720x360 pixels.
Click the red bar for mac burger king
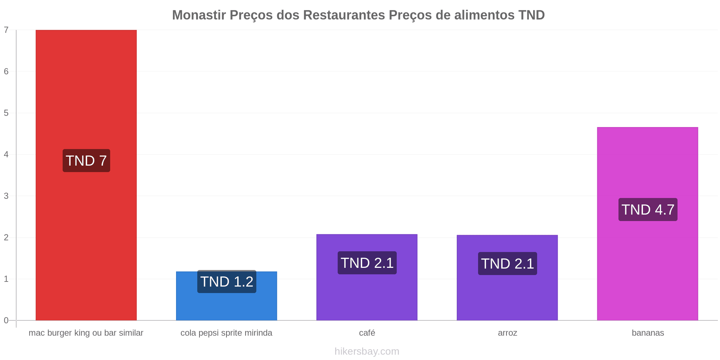tap(86, 175)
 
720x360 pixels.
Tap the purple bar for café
tap(367, 277)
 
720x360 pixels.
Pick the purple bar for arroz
tap(507, 278)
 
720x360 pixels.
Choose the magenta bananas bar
tap(648, 224)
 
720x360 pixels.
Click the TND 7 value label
tap(86, 161)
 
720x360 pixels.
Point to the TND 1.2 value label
tap(227, 282)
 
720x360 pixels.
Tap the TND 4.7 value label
tap(648, 210)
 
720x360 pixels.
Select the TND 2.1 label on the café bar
tap(367, 263)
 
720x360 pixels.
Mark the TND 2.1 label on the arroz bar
tap(508, 264)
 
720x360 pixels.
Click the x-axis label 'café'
tap(367, 333)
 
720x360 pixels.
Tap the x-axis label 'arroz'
tap(508, 333)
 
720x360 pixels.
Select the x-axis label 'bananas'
tap(648, 333)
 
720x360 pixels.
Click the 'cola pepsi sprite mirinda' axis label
tap(226, 333)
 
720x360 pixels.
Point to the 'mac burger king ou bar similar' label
tap(86, 333)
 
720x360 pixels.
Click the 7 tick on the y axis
tap(6, 30)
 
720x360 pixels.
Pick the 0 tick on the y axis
tap(6, 320)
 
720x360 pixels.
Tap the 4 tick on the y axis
tap(6, 154)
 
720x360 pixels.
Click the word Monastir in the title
tap(199, 15)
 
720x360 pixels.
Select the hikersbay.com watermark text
tap(367, 351)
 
